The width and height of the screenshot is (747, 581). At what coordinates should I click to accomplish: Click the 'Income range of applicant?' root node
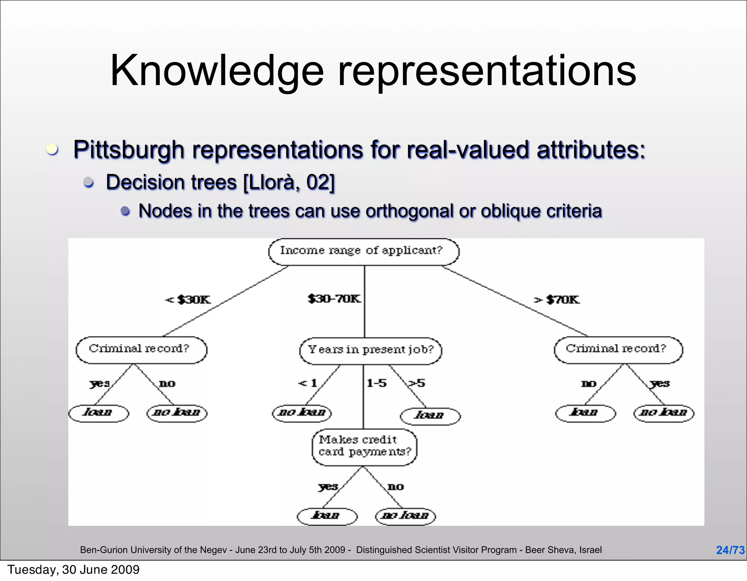point(363,252)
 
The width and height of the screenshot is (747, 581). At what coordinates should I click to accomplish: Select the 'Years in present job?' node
point(370,350)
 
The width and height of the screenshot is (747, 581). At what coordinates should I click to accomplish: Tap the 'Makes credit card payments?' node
point(364,447)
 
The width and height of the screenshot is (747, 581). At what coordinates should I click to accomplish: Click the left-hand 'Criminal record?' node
point(141,349)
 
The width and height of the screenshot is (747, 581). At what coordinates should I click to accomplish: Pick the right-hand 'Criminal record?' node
point(618,349)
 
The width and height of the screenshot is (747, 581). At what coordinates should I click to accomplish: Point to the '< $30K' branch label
point(188,300)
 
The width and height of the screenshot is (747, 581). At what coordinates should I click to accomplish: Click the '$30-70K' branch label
point(334,299)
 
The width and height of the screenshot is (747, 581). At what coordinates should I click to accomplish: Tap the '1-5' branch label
point(376,383)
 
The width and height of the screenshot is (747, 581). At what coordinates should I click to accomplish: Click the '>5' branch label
point(417,383)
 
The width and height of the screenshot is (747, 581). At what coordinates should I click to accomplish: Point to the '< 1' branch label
point(307,383)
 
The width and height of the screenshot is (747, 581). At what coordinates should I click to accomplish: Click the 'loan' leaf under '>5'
point(430,416)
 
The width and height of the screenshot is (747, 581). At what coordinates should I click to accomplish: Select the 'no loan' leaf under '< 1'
point(302,413)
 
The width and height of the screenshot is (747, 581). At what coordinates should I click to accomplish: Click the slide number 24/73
point(730,550)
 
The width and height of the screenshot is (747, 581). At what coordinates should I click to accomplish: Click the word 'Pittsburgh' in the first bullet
point(129,150)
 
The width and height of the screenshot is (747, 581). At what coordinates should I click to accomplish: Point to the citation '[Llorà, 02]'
point(289,182)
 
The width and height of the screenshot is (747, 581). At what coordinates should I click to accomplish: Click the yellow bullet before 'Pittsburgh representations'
point(52,150)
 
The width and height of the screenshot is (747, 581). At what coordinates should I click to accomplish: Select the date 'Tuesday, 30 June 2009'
point(73,570)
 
